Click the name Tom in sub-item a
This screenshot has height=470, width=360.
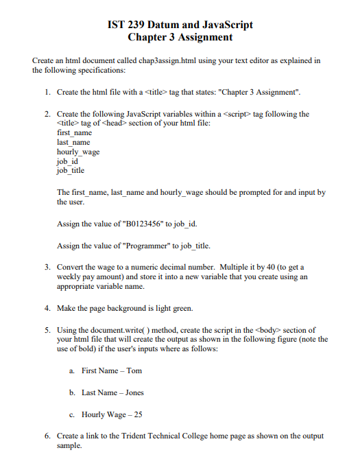click(134, 371)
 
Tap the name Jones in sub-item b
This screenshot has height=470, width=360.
click(135, 392)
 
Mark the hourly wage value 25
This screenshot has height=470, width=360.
click(138, 414)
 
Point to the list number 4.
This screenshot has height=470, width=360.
click(46, 307)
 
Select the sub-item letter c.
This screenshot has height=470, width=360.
click(72, 414)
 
